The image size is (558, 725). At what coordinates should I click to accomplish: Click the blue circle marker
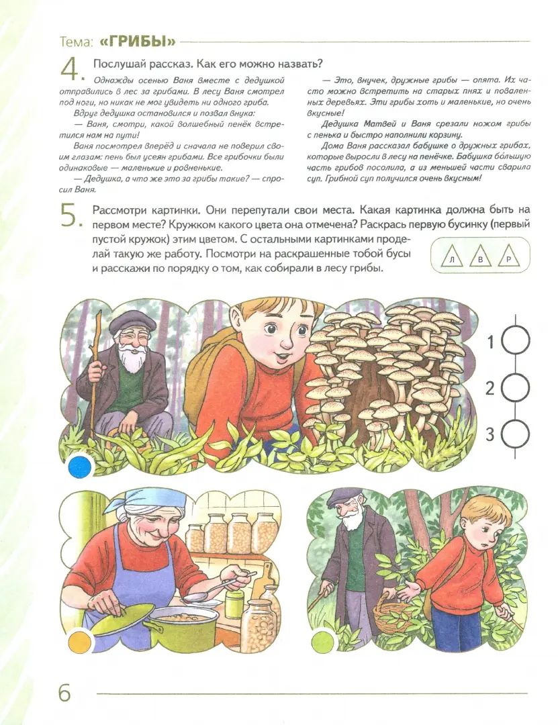80,465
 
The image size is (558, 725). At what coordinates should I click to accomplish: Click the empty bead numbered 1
516,342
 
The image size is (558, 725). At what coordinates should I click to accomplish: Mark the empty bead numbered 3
516,434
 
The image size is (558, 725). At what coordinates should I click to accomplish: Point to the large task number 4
70,69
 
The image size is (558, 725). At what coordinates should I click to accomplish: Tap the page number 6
64,692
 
